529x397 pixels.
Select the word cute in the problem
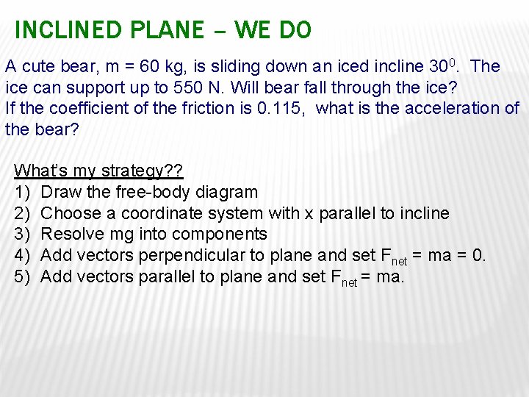click(36, 66)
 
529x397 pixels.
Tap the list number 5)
click(22, 277)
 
